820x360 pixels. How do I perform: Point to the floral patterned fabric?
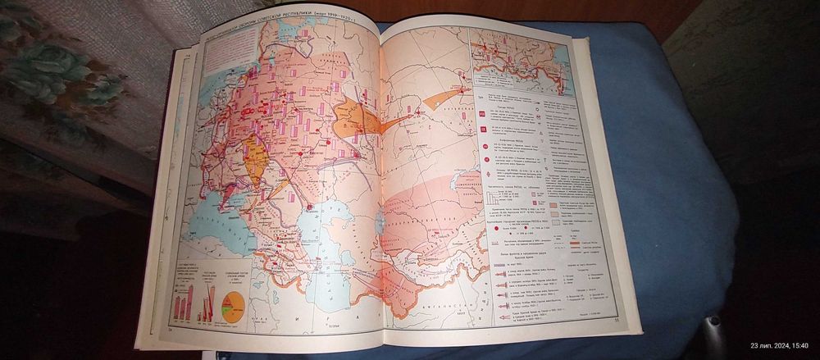pos(57,74)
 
